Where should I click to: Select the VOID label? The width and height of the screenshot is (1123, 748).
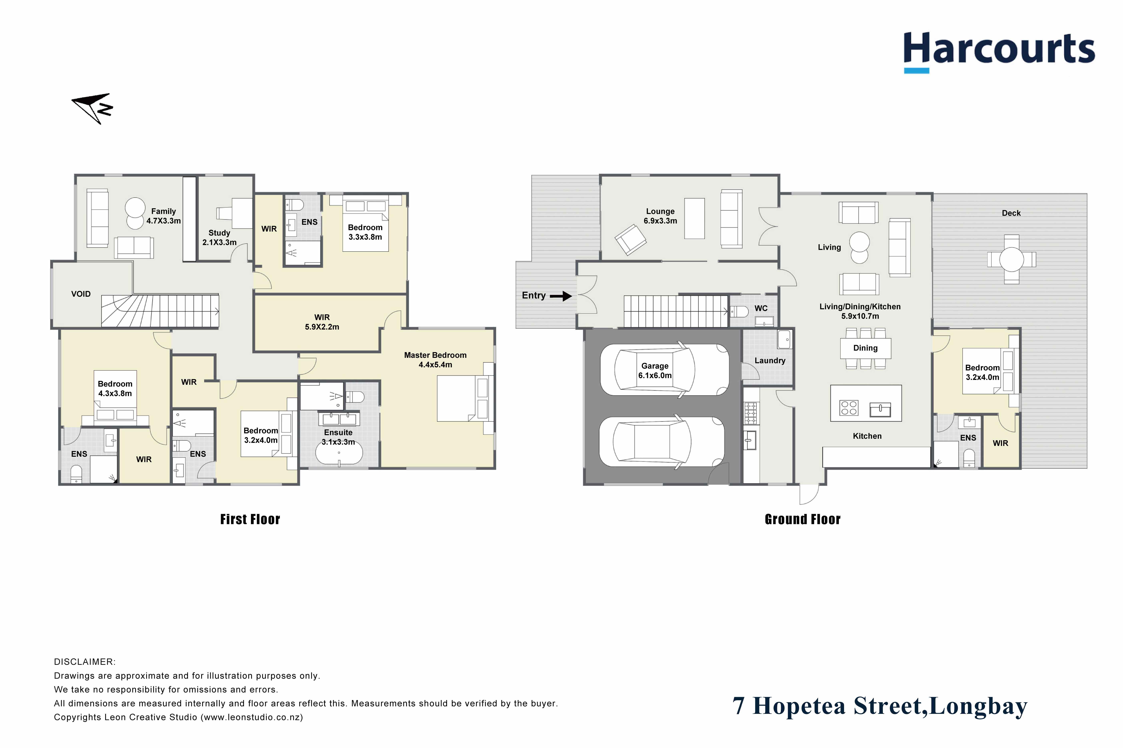coord(81,294)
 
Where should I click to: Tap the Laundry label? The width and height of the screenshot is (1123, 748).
coord(770,361)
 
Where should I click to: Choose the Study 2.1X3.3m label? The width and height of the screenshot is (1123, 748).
coord(219,238)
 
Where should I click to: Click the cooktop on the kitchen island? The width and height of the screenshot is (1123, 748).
coord(848,408)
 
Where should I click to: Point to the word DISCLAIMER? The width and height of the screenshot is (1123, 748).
coord(85,662)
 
